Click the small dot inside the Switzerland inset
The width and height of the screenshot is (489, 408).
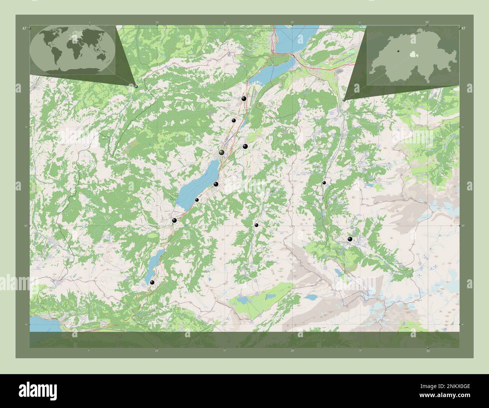pos(397,51)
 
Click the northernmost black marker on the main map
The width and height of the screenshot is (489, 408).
pos(244,99)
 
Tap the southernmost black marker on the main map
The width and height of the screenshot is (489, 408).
pos(152,282)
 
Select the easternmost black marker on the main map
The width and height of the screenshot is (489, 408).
pos(350,239)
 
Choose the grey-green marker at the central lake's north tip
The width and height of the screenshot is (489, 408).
pos(222,152)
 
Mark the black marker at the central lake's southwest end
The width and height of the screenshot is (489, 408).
pos(174,220)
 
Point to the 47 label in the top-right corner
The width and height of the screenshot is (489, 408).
pos(463,28)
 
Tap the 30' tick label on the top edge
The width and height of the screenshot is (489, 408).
pos(427,23)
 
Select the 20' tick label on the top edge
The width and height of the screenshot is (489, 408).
pos(292,23)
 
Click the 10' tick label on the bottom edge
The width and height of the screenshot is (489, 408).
pos(156,351)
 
